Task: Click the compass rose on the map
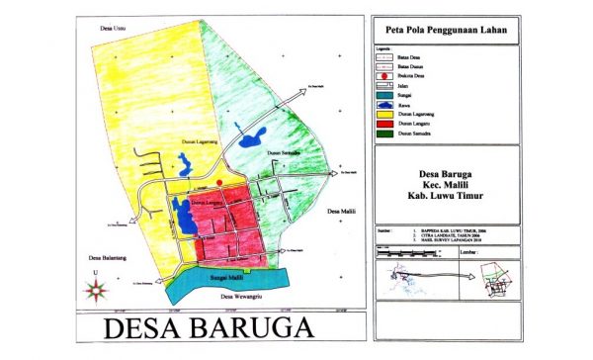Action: click(x=96, y=289)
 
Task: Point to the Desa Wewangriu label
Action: click(x=241, y=297)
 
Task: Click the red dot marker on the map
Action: click(x=219, y=184)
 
